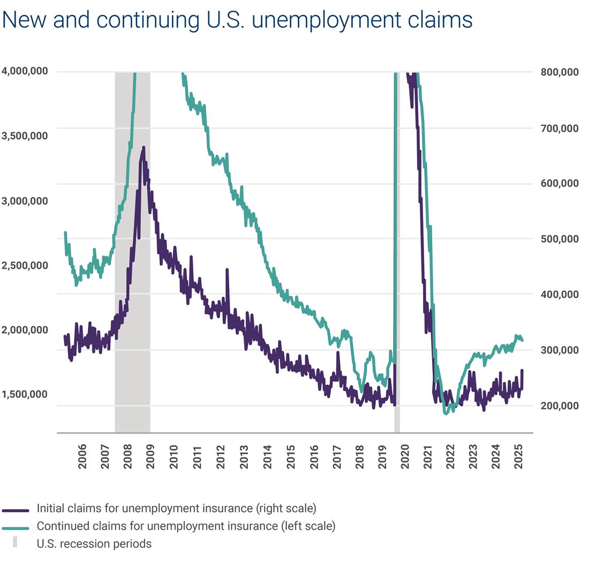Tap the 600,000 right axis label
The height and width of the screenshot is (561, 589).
point(560,183)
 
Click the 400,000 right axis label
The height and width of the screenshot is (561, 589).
point(560,294)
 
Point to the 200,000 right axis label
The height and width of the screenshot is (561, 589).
point(560,406)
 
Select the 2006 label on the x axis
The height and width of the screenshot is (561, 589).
point(82,456)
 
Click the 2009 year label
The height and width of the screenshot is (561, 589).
point(151,456)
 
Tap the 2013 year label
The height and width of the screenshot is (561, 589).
point(244,456)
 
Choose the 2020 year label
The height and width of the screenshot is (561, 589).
point(405,456)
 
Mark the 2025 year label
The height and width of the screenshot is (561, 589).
point(518,456)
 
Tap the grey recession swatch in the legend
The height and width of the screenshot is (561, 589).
point(15,542)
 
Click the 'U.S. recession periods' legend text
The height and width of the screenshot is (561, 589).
point(94,544)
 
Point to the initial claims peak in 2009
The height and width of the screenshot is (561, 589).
point(143,148)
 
